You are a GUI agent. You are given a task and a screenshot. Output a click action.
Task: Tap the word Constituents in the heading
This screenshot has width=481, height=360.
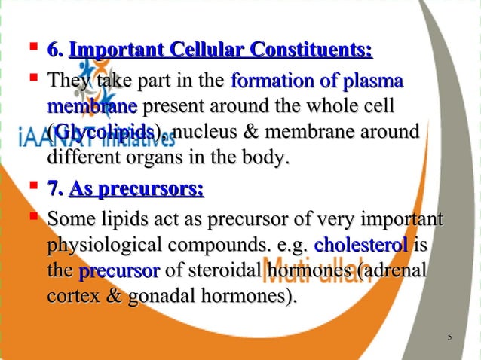312,51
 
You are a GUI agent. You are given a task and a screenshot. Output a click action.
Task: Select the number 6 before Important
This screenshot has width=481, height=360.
53,51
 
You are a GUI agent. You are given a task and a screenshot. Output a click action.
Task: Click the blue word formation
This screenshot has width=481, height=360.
266,80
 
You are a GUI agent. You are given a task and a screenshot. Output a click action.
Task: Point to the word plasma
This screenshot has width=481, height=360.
371,80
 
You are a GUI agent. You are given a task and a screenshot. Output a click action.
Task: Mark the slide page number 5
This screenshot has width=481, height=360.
449,336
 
